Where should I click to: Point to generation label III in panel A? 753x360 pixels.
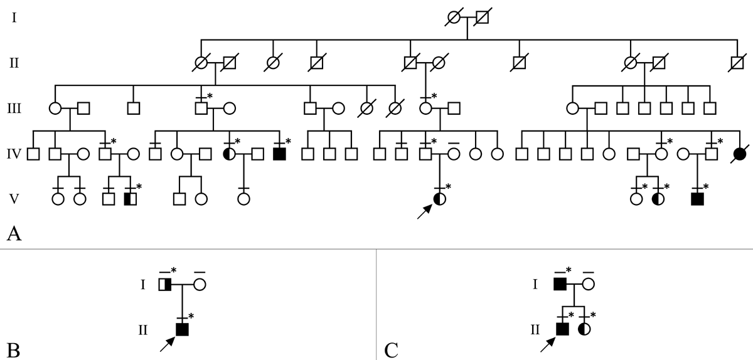pyautogui.click(x=14, y=107)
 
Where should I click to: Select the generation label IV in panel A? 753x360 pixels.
pyautogui.click(x=14, y=152)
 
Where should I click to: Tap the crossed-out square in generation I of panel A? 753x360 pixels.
pyautogui.click(x=481, y=18)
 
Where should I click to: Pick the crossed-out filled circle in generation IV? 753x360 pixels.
pyautogui.click(x=740, y=153)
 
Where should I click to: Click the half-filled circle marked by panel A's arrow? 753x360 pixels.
pyautogui.click(x=440, y=199)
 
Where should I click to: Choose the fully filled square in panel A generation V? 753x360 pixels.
pyautogui.click(x=697, y=199)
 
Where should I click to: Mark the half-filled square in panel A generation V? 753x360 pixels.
pyautogui.click(x=131, y=199)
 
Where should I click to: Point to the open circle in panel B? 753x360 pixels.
pyautogui.click(x=200, y=285)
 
